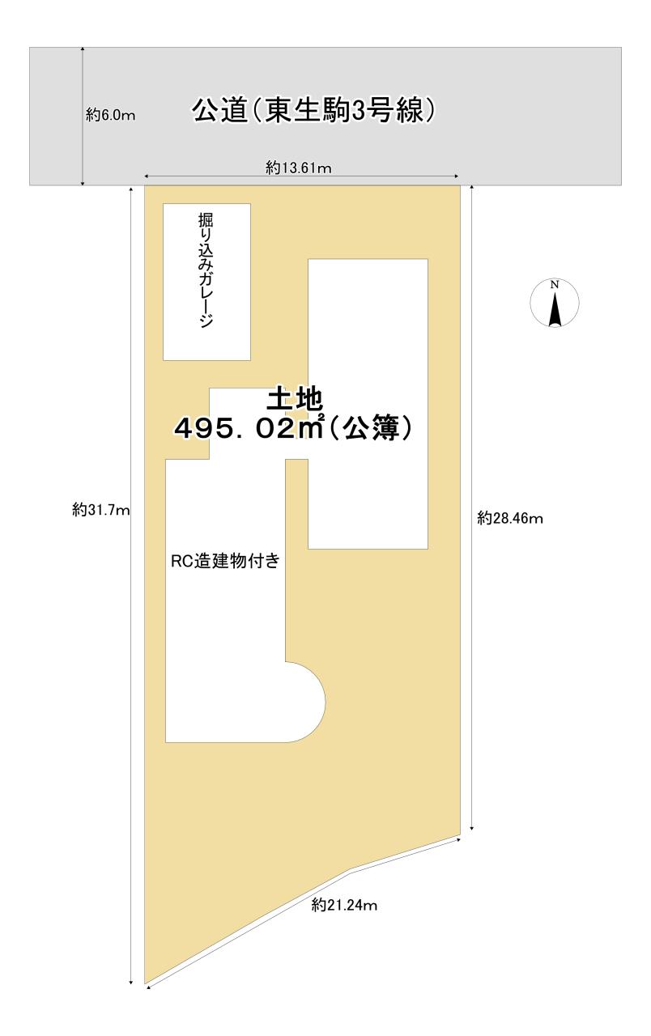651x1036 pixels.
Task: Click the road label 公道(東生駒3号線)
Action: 317,111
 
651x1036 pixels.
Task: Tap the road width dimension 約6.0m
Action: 110,116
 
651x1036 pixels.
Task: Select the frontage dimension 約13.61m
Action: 300,168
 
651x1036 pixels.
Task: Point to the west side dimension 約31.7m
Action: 100,510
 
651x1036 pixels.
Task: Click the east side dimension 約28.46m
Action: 510,518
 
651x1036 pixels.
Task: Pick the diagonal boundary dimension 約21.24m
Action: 344,906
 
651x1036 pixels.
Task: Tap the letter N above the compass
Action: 555,285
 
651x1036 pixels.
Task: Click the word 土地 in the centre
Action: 296,399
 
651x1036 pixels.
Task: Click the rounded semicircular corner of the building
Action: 312,701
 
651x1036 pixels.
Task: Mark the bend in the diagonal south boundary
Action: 350,871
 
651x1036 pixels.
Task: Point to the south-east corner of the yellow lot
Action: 460,833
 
